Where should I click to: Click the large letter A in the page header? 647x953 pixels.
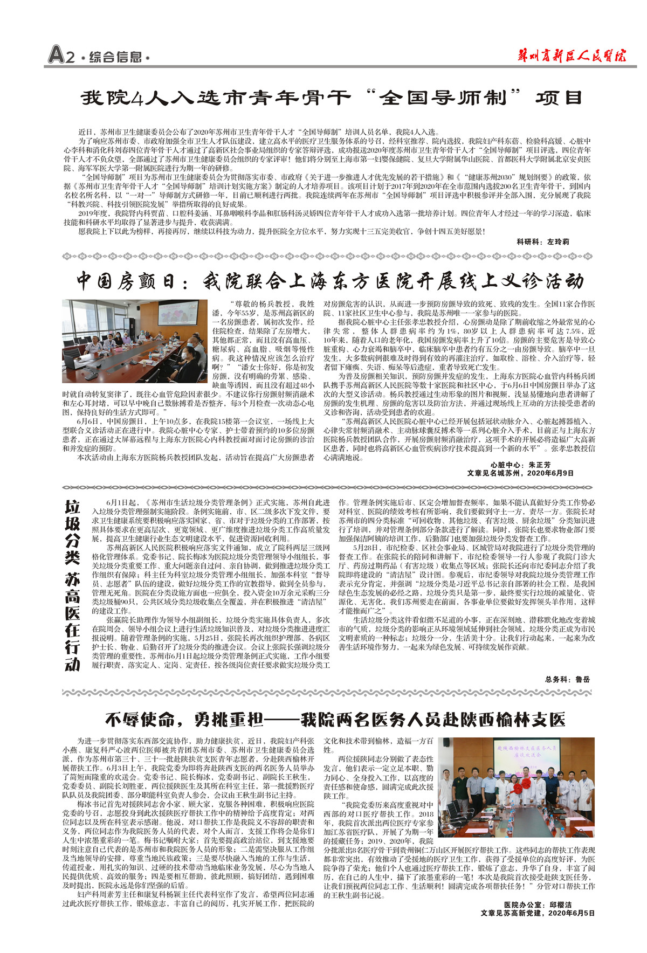[x=56, y=55]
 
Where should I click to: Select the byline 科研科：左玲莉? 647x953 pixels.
[x=542, y=241]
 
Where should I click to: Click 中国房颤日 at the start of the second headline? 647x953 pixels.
[x=126, y=281]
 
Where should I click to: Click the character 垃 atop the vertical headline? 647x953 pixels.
[x=72, y=507]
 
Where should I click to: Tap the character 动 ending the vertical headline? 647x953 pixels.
[x=72, y=664]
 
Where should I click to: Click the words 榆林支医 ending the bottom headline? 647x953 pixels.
[x=523, y=720]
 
